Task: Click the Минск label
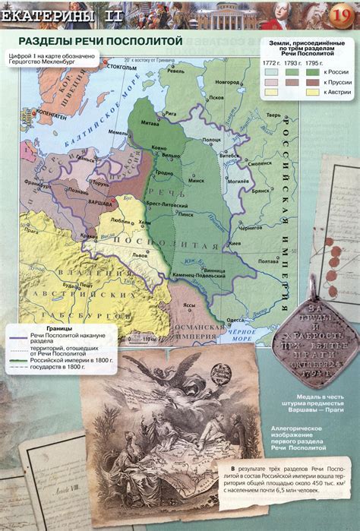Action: [x=197, y=182]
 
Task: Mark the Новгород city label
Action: [x=227, y=81]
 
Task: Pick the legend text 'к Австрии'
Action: [x=335, y=91]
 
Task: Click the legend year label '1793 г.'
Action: [x=291, y=62]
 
